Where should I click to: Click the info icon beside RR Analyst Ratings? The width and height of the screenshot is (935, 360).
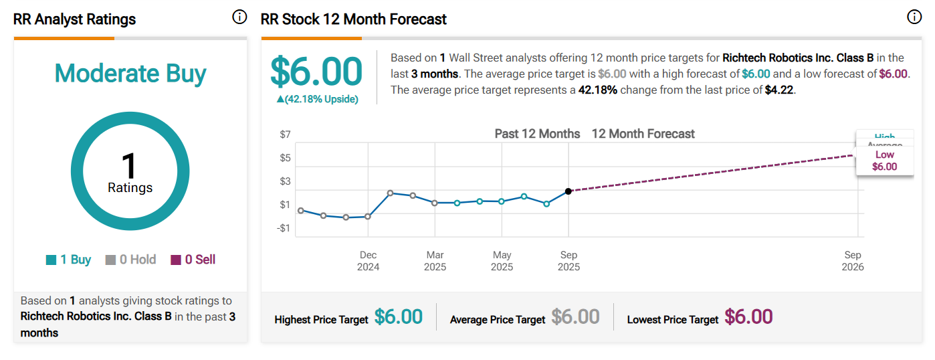tap(239, 18)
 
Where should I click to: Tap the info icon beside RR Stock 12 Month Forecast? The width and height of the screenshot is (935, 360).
tap(914, 18)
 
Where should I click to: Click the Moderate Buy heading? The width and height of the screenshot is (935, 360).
tap(130, 74)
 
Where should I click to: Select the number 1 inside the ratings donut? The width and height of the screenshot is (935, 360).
tap(129, 165)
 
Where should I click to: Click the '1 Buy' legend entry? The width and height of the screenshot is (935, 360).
tap(69, 260)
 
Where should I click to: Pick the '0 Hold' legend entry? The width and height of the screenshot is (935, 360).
tap(131, 260)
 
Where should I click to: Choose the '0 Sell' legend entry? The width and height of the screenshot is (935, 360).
tap(193, 260)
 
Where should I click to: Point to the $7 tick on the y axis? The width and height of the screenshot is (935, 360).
tap(285, 134)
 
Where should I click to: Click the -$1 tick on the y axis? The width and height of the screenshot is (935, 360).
tap(284, 228)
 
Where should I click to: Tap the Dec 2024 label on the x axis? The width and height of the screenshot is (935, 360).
tap(368, 261)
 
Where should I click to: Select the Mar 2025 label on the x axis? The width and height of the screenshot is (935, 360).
tap(435, 261)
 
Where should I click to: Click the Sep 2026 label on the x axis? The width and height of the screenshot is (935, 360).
tap(853, 261)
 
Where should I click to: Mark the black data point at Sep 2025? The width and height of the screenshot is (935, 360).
tap(568, 191)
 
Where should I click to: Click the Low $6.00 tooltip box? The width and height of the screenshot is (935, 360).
tap(885, 161)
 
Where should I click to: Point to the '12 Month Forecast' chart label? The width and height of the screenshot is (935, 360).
tap(643, 134)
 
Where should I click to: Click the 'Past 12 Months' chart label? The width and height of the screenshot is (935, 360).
tap(537, 134)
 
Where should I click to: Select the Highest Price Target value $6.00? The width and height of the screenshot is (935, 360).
tap(399, 317)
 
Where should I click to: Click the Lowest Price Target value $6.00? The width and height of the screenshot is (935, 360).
tap(748, 317)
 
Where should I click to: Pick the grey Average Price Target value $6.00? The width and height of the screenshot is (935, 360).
tap(575, 317)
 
